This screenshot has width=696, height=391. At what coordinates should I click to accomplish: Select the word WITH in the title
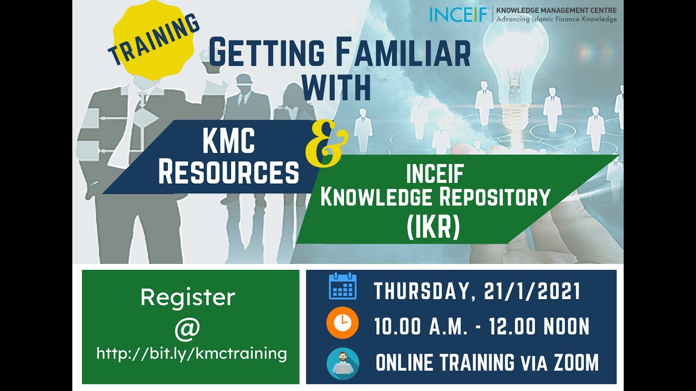[337, 87]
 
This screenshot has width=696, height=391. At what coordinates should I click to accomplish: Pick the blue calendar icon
[343, 286]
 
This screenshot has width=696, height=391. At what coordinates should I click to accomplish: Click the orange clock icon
[343, 323]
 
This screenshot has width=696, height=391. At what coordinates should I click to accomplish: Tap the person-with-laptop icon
[343, 363]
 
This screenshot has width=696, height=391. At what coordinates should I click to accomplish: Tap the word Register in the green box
[188, 297]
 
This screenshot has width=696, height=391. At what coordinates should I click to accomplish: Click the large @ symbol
[187, 327]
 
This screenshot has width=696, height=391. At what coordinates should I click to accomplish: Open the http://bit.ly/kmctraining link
[191, 354]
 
